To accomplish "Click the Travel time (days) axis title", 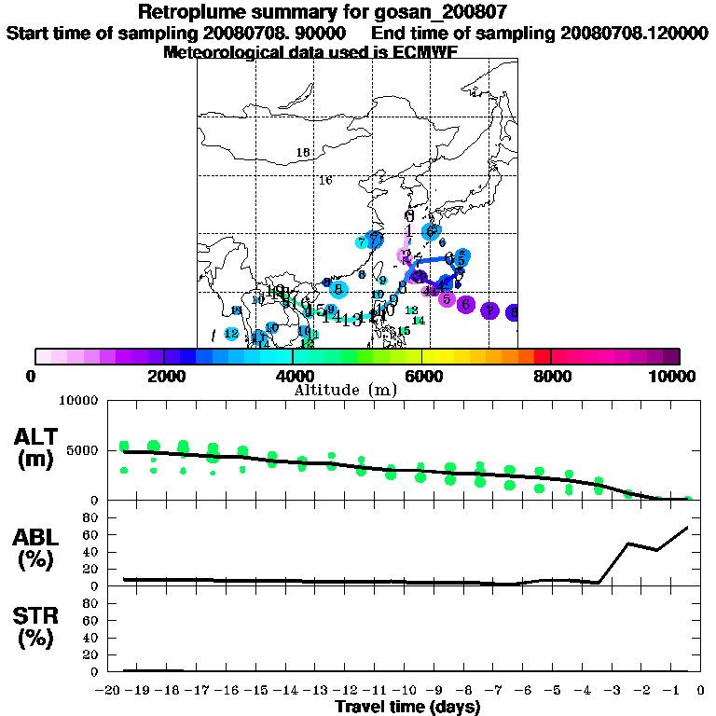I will coord(406,708).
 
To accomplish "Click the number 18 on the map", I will coord(302,153).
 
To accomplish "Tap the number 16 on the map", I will coord(325,180).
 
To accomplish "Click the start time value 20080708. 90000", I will coord(275,33).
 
